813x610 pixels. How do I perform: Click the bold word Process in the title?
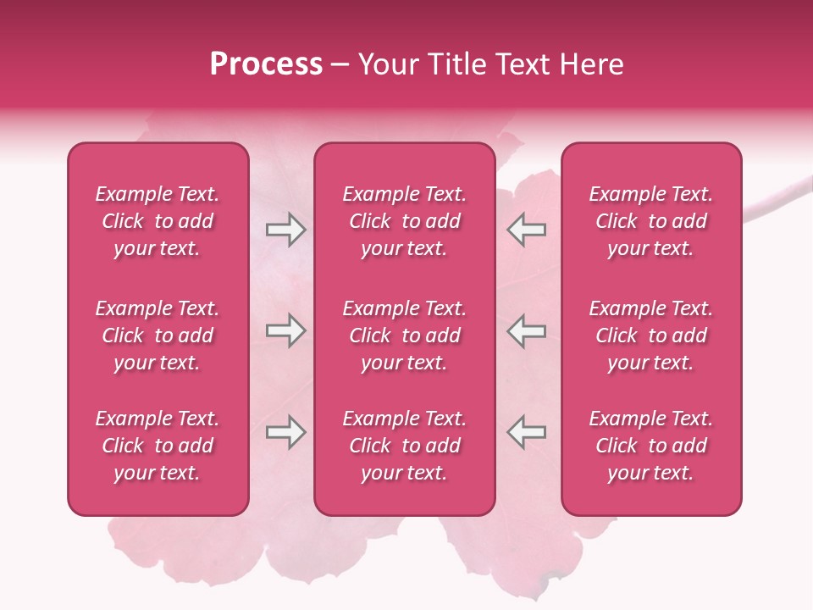click(266, 64)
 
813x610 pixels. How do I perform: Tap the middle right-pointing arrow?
click(285, 330)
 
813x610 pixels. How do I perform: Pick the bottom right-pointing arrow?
click(285, 432)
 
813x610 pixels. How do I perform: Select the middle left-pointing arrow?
click(526, 330)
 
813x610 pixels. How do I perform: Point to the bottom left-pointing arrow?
click(526, 432)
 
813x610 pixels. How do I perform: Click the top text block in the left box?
click(158, 221)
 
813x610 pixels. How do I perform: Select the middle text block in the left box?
click(158, 335)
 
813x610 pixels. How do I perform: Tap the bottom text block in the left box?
click(158, 446)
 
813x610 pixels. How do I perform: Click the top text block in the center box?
click(405, 221)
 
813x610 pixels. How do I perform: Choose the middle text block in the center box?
click(405, 335)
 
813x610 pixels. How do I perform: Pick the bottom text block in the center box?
click(405, 446)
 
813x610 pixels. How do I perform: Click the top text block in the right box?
click(651, 221)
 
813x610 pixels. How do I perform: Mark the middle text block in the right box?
click(651, 335)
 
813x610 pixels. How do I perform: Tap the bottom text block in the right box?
click(651, 446)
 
